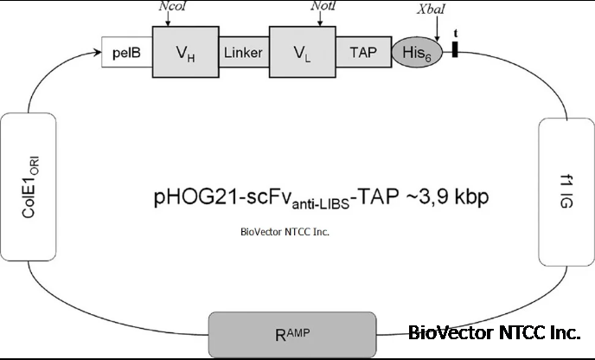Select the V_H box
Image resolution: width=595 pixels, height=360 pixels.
coord(184,52)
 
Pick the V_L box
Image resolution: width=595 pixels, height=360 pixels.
coord(302,52)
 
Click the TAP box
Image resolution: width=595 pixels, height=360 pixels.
coord(363,52)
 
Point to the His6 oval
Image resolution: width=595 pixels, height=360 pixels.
coord(417,52)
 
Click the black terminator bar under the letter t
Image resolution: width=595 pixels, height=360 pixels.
coord(454,52)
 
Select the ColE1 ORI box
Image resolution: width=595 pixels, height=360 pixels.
coord(29,190)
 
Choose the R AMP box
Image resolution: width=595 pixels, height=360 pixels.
coord(291,333)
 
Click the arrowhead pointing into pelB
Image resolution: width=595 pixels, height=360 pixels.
coord(97,53)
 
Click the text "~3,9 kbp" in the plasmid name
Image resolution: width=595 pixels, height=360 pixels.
coord(445,197)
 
